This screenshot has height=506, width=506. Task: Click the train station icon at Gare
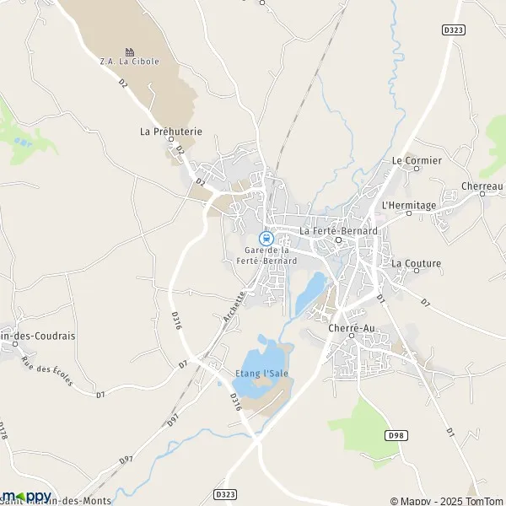coord(266,238)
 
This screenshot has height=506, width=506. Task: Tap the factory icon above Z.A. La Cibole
coord(129,51)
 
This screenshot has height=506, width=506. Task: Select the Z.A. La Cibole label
coord(128,62)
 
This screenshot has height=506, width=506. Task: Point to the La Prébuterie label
coord(171,132)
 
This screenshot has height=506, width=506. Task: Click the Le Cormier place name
coord(417,160)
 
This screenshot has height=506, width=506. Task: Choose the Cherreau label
coord(482,186)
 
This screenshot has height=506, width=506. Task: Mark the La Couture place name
coord(416,263)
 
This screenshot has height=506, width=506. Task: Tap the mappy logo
coord(27,496)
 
